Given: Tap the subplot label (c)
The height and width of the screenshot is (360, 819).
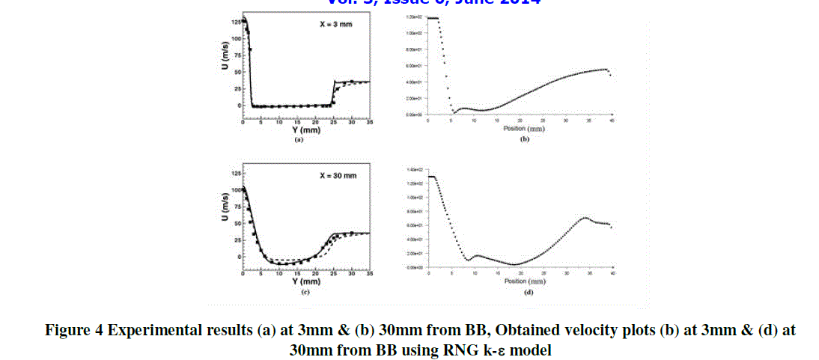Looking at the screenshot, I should point(305,291).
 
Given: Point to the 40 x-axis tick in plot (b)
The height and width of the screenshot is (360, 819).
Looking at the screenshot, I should point(612,121).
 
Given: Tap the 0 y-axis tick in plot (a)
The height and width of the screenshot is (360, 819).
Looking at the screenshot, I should point(237,106).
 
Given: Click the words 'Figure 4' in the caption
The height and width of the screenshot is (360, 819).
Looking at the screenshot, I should point(74,330).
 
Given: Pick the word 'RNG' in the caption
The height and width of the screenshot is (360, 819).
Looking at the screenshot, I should point(460,350).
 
